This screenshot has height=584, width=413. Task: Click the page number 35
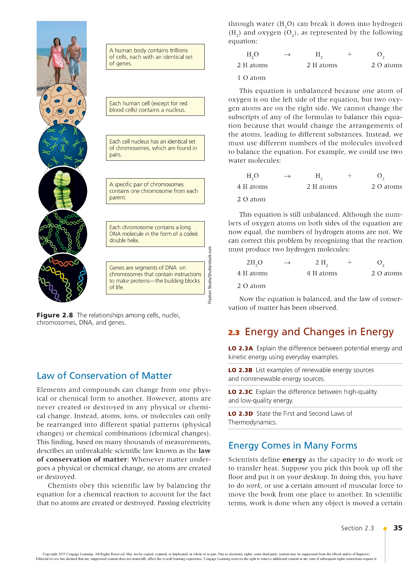pyautogui.click(x=398, y=528)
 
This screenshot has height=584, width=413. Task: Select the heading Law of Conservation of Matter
pyautogui.click(x=104, y=376)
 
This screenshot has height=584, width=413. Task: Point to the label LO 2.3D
pyautogui.click(x=240, y=414)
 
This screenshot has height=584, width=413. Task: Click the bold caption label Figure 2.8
pyautogui.click(x=55, y=315)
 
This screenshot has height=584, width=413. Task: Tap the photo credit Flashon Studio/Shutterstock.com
pyautogui.click(x=210, y=275)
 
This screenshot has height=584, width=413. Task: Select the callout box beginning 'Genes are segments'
pyautogui.click(x=155, y=278)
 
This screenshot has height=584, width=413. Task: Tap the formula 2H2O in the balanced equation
pyautogui.click(x=254, y=262)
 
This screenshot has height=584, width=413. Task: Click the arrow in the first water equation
pyautogui.click(x=287, y=55)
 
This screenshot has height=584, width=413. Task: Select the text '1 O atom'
pyautogui.click(x=251, y=78)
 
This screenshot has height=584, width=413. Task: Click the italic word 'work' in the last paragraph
pyautogui.click(x=254, y=486)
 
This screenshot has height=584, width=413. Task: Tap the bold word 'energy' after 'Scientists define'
pyautogui.click(x=294, y=460)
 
